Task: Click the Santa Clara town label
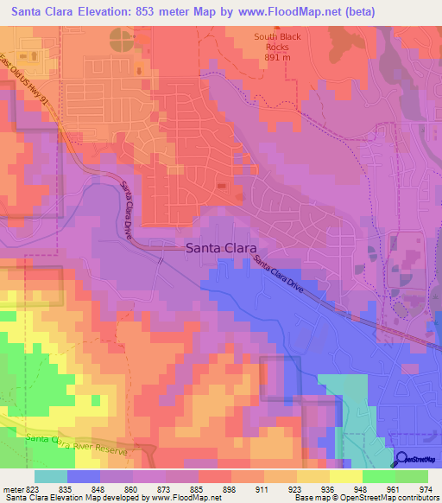(x=221, y=248)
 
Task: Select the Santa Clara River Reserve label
(x=76, y=444)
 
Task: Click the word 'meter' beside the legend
(x=15, y=488)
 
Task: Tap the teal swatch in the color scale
(x=50, y=476)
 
